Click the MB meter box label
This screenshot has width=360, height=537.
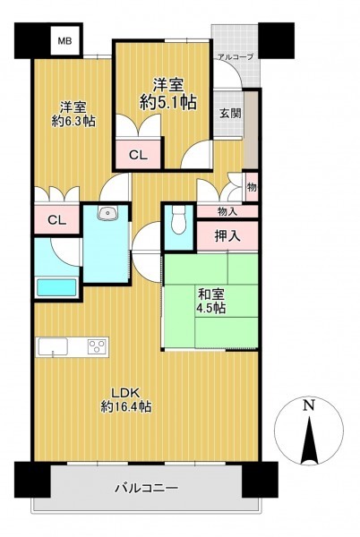pos(64,41)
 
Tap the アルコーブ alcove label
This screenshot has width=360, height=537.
pos(236,57)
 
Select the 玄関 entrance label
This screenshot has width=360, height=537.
pos(230,113)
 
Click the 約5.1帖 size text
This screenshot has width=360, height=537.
pos(167,102)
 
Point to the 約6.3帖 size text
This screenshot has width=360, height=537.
pos(73,121)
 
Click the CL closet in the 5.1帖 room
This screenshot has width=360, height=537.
pos(138,155)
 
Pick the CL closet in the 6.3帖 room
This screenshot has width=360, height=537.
pos(56,220)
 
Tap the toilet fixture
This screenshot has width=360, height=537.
pos(178,220)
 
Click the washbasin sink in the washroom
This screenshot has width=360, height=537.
pos(107,213)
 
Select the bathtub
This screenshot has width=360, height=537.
pos(56,287)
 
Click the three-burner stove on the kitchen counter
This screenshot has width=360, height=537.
pos(98,345)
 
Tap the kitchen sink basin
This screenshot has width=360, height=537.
pos(53,346)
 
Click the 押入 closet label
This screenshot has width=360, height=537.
pos(227,236)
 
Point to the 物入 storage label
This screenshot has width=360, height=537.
pos(227,211)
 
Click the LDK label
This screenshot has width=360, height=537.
pos(125,393)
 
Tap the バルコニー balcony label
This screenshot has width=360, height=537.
pos(146,488)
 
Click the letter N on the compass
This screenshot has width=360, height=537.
pos(309,405)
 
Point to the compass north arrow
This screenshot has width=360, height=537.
pos(309,439)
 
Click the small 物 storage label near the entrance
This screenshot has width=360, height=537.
pos(252,187)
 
